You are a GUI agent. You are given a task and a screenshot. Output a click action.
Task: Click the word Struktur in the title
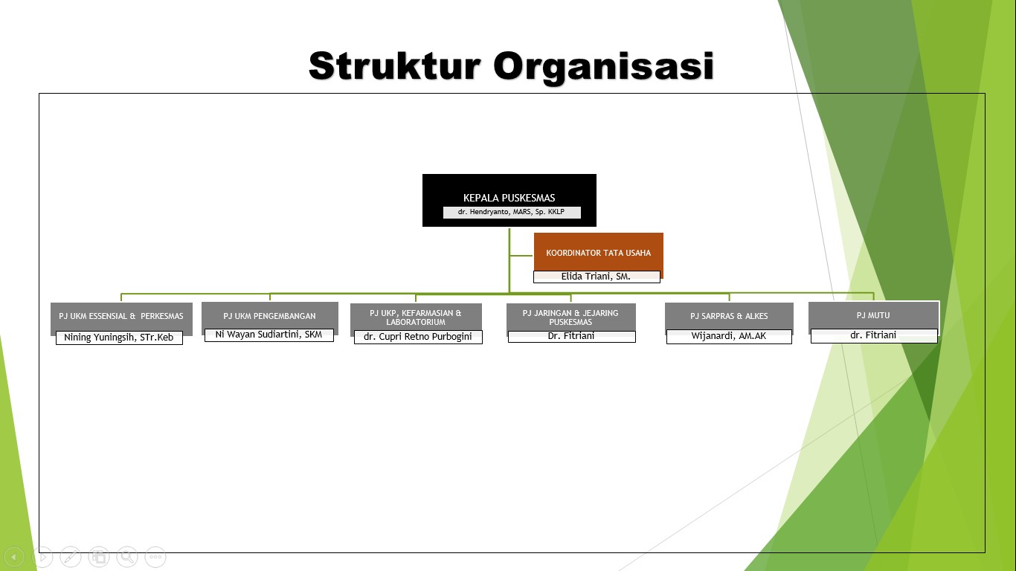tap(393, 66)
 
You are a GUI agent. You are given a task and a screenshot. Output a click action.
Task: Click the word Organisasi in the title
tap(603, 66)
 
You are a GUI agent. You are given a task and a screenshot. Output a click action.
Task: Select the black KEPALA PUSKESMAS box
tap(509, 190)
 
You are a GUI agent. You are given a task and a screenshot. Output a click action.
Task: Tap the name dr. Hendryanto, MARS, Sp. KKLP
tap(512, 213)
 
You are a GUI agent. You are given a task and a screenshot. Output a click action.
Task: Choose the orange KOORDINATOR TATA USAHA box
tap(598, 251)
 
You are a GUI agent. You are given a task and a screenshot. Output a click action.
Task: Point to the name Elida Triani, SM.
tap(596, 277)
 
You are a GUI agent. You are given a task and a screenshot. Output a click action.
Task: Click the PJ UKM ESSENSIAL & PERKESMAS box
tap(121, 316)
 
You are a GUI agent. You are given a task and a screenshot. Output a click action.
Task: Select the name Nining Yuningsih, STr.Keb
tap(119, 338)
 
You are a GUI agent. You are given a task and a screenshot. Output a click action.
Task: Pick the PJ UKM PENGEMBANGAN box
tap(269, 315)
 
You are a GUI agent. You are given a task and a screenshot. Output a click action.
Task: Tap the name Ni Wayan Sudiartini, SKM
tap(269, 335)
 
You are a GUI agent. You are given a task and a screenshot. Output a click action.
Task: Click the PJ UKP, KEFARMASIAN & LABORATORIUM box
tap(416, 317)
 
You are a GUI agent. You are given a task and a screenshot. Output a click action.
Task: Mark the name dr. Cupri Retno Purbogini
tap(418, 337)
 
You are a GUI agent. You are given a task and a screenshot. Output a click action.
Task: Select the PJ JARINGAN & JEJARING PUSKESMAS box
tap(570, 317)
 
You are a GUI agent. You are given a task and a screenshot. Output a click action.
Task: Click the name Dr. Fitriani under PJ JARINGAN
tap(571, 336)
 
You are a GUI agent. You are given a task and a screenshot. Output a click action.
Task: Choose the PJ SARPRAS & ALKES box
tap(729, 316)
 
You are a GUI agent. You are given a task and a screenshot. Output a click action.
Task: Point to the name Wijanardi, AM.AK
tap(729, 336)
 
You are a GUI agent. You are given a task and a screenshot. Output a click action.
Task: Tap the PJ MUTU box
tap(873, 315)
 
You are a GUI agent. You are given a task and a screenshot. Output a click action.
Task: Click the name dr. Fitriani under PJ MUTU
tap(873, 335)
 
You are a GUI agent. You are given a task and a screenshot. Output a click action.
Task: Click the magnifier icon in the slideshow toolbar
tap(127, 556)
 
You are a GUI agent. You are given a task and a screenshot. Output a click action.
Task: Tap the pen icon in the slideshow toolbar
tap(71, 556)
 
